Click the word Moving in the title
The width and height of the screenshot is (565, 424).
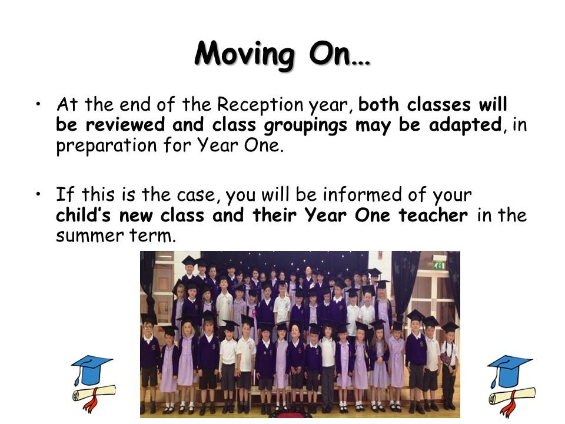[x=245, y=54]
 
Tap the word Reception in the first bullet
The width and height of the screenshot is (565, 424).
[x=260, y=104]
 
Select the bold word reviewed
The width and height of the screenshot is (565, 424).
[x=125, y=124]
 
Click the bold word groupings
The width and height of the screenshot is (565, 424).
[x=305, y=125]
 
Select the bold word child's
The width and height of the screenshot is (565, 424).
[x=83, y=215]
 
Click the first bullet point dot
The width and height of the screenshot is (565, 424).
[x=38, y=104]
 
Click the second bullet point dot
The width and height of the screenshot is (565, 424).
[x=38, y=194]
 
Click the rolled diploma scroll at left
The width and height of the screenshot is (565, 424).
[x=94, y=396]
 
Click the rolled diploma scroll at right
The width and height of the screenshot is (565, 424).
[x=511, y=399]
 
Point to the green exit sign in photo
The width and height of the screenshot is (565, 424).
[x=438, y=266]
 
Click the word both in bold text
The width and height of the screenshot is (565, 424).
[x=378, y=104]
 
